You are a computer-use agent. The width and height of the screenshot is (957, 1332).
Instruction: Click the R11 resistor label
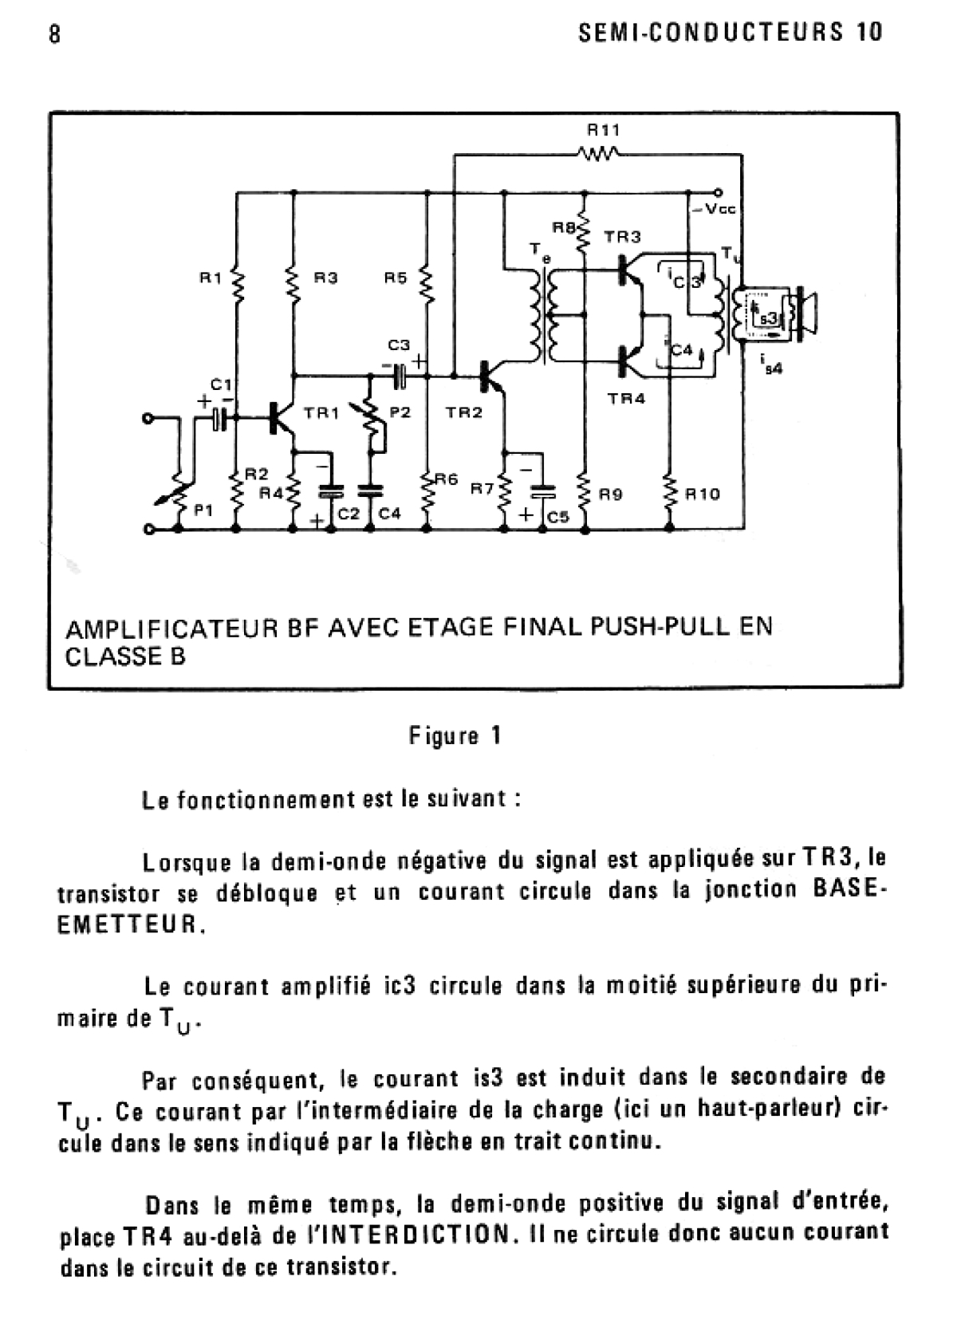(604, 130)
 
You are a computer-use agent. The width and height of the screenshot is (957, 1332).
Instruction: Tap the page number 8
(55, 34)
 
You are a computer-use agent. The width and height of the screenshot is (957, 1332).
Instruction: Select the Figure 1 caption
(455, 736)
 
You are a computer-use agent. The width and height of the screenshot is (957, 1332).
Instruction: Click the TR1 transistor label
(321, 412)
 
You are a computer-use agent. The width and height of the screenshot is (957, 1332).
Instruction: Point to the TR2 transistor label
(464, 412)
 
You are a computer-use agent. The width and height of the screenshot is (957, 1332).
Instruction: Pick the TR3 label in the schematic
(622, 237)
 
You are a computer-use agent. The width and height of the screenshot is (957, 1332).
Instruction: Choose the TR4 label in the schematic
(627, 398)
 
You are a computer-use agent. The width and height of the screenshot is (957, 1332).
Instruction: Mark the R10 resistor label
(703, 494)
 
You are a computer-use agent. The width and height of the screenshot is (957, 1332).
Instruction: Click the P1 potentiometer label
(204, 510)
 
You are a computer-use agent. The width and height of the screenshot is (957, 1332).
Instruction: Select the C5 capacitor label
(558, 517)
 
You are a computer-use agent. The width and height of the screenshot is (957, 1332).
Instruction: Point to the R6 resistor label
(447, 479)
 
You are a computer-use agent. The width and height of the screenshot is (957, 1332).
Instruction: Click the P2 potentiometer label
(400, 412)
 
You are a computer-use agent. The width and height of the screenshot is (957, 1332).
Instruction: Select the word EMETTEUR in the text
(128, 924)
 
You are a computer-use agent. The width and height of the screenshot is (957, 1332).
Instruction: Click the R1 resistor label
(211, 277)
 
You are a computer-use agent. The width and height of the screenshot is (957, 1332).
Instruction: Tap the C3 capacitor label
(399, 345)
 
